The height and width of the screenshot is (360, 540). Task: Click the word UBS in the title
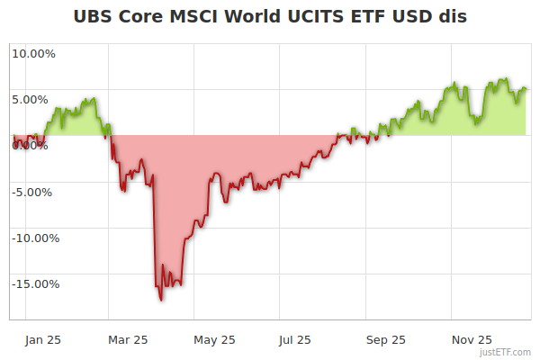[93, 17]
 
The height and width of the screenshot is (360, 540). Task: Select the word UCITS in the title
[321, 17]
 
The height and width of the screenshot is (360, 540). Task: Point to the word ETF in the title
[373, 17]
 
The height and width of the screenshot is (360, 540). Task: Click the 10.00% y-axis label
[33, 53]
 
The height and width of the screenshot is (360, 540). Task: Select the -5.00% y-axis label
[34, 192]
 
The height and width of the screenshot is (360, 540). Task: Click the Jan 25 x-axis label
[44, 340]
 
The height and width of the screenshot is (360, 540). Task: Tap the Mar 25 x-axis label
[127, 340]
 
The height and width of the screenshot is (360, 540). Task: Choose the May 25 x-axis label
[214, 340]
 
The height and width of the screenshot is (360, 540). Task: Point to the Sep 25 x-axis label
[385, 340]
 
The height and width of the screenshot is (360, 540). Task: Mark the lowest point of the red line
[160, 300]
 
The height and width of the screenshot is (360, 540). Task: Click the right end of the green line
[526, 88]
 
